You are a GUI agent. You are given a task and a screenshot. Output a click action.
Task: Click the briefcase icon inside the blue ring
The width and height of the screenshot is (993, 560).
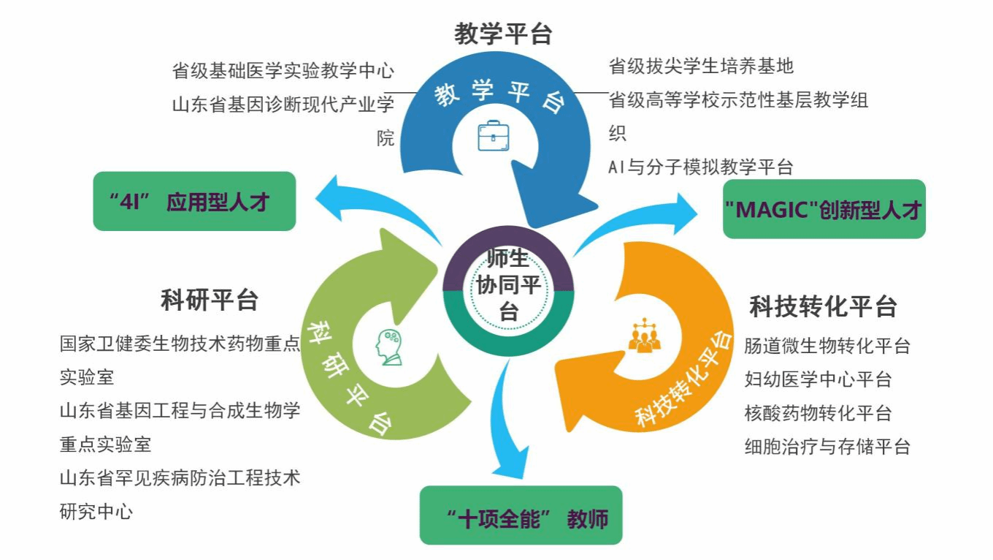[x=494, y=136]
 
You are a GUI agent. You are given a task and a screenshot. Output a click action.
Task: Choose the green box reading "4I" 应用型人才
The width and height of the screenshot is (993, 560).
[x=194, y=201]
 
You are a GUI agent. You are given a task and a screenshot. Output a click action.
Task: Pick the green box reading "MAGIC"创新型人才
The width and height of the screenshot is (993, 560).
[x=824, y=209]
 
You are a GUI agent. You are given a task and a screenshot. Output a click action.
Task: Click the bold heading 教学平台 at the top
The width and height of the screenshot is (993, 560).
[x=503, y=34]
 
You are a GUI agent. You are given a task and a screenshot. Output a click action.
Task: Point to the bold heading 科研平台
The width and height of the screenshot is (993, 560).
[x=210, y=300]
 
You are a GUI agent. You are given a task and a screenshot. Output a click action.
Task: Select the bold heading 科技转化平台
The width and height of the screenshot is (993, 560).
[x=823, y=306]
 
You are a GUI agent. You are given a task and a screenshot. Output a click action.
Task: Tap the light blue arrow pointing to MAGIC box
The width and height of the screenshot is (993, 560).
[x=643, y=219]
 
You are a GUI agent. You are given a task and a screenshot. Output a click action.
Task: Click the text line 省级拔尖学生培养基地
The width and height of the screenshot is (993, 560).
[x=701, y=67]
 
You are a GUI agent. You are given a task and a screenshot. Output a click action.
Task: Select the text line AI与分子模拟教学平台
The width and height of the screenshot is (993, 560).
[x=701, y=167]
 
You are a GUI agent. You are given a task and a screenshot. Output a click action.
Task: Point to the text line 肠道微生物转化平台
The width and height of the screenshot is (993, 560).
[x=827, y=346]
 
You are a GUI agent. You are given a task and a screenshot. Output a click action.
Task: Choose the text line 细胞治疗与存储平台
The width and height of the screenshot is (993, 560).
[x=827, y=446]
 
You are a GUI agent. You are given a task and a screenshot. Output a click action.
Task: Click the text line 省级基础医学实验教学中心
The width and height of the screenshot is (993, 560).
[x=283, y=71]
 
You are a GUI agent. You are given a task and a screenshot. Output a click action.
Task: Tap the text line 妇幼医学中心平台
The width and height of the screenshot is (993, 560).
[x=818, y=379]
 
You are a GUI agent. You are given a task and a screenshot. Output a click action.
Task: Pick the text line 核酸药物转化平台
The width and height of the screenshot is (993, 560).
[x=818, y=413]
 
